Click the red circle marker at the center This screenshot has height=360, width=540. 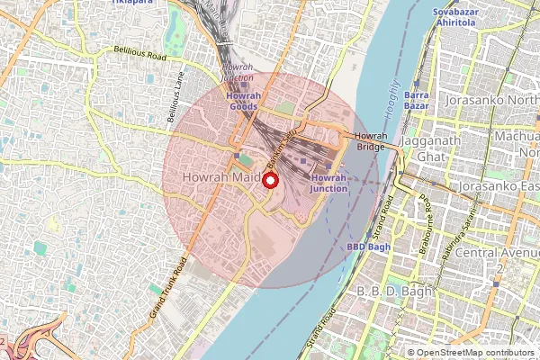click(x=270, y=180)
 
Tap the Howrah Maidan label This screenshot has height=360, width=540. click(x=220, y=179)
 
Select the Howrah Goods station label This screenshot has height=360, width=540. click(x=243, y=101)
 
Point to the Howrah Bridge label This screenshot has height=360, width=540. click(x=371, y=141)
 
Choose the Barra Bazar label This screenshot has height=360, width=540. click(x=417, y=100)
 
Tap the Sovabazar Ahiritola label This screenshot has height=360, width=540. click(x=453, y=18)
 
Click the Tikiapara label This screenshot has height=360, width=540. click(x=130, y=3)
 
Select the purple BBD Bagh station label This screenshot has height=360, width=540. click(x=367, y=246)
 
